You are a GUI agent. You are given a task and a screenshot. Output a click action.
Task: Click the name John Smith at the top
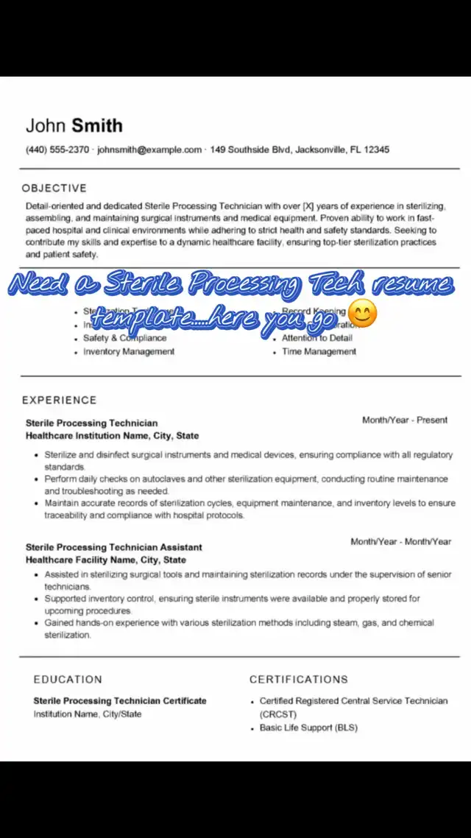pos(74,125)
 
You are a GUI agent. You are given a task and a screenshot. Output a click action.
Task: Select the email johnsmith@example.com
pos(149,149)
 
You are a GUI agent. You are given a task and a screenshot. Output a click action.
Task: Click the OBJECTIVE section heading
pos(54,188)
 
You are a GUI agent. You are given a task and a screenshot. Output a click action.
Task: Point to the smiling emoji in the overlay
pos(361,314)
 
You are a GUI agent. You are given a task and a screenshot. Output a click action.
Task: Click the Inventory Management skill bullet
pos(129,352)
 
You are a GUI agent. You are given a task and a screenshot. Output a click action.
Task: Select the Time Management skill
pos(319,352)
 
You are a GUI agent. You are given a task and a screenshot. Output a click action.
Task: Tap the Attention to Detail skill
pos(317,338)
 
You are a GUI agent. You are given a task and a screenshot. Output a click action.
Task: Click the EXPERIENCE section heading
pos(59,400)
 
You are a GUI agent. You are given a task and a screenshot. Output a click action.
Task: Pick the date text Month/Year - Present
pos(404,420)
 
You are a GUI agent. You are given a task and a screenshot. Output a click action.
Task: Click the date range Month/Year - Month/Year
pos(400,541)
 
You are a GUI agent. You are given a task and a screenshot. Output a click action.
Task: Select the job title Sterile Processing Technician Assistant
pos(113,547)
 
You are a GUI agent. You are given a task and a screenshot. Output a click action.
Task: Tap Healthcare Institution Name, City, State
pos(112,436)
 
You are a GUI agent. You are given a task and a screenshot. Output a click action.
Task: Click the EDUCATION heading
pos(68,679)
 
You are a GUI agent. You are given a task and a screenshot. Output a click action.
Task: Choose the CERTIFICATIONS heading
pos(298,679)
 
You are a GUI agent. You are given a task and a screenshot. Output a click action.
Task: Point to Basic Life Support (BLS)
pos(308,728)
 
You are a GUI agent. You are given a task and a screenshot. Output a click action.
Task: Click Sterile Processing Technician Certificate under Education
pos(120,700)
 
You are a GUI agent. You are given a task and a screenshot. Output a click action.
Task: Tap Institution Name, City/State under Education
pos(88,714)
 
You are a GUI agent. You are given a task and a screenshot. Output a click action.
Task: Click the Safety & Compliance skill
pos(124,338)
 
